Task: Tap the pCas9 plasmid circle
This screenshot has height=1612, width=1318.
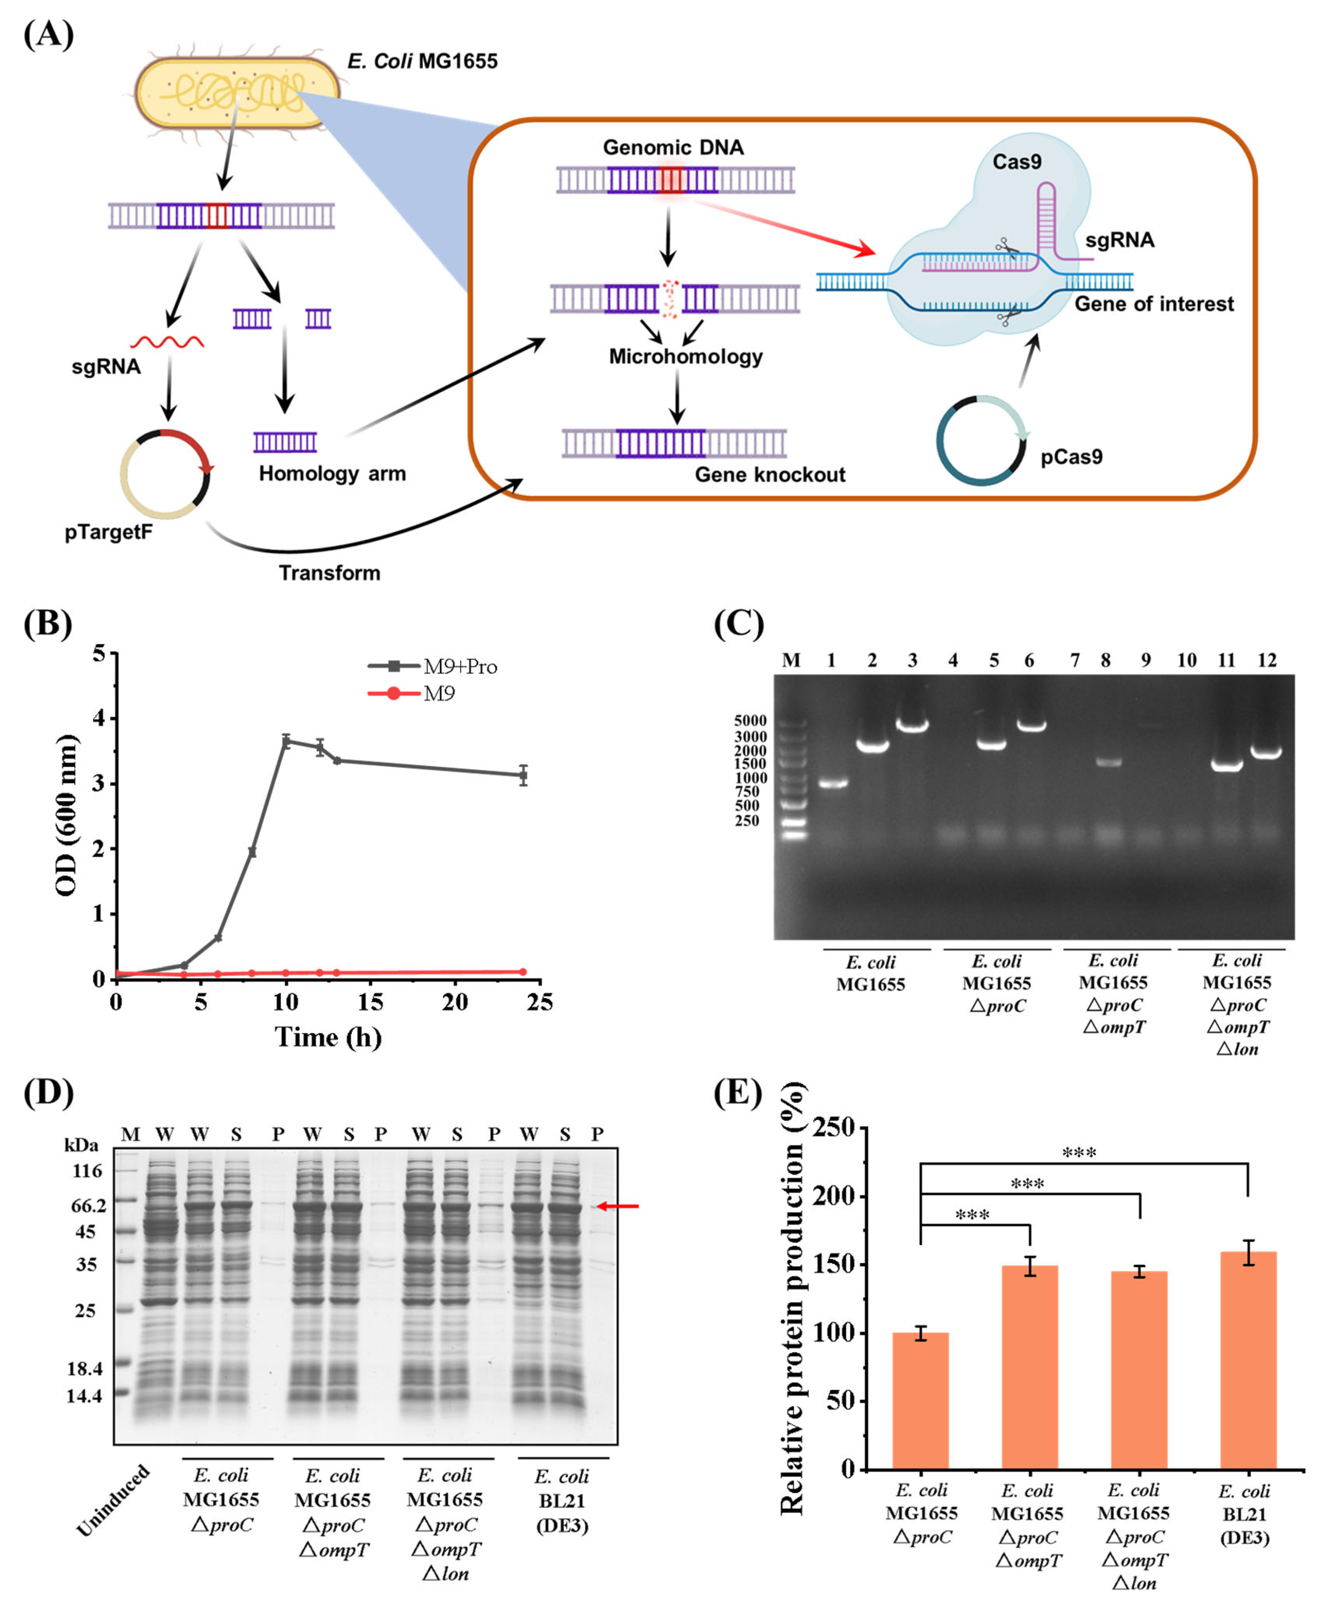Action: tap(981, 441)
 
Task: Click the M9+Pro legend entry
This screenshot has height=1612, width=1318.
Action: tap(433, 667)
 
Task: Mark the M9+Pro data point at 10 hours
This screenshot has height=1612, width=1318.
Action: tap(286, 742)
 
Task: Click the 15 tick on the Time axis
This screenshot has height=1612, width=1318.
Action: tap(371, 1002)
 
